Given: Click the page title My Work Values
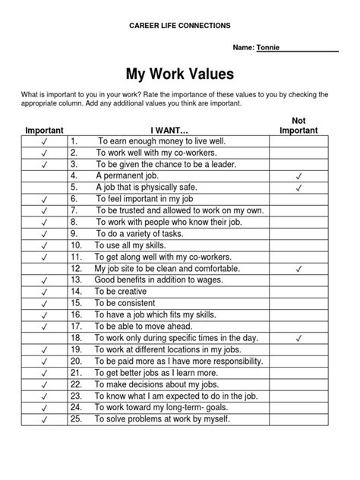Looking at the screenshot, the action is click(179, 74).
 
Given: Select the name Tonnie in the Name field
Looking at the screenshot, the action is click(268, 47).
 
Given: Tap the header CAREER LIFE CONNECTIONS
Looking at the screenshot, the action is click(180, 26).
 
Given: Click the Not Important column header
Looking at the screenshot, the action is click(298, 125).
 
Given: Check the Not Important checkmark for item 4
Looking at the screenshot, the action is click(298, 175).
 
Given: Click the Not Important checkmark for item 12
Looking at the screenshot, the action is click(298, 270).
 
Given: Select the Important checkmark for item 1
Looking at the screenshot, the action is click(45, 142).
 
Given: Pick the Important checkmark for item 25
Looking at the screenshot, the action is click(45, 419).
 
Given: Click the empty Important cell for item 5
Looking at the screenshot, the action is click(45, 186).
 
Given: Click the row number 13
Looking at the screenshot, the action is click(76, 279).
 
